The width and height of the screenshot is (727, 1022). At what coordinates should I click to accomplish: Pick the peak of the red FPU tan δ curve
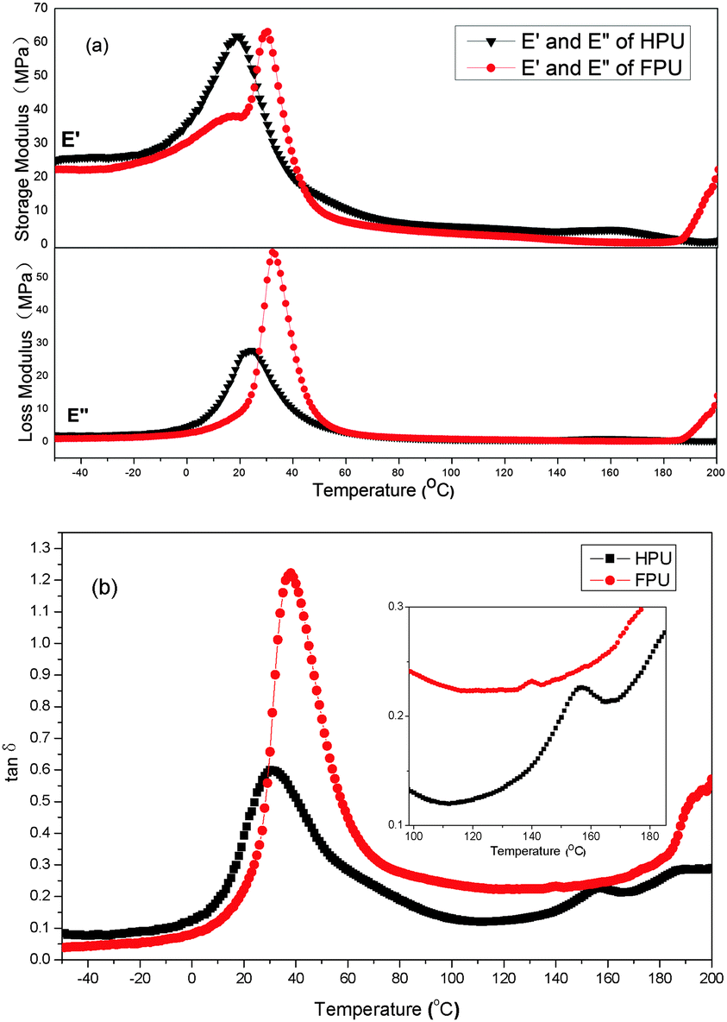pos(291,572)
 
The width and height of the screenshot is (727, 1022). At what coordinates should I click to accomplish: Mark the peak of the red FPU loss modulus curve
pos(273,253)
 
